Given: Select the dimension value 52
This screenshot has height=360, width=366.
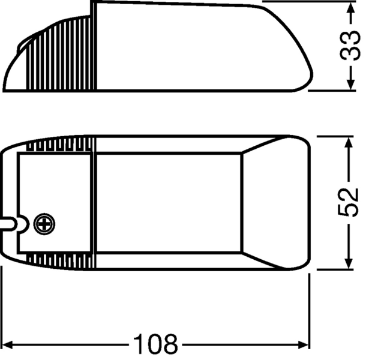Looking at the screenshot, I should coord(349,203).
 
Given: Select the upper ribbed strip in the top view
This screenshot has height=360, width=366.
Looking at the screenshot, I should coord(63,145).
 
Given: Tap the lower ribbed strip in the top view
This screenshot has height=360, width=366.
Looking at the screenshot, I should coord(63,260).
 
